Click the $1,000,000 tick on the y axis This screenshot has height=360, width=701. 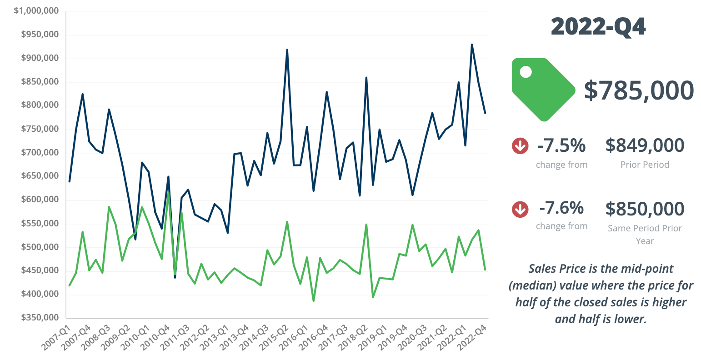point(36,10)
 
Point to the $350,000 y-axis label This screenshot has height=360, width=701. point(40,317)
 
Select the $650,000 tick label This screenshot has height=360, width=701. point(40,176)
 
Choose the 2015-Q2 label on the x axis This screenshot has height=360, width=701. point(275,338)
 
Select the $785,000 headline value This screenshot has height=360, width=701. point(639,90)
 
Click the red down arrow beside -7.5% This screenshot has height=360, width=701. point(520,146)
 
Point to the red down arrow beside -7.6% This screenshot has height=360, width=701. point(520,209)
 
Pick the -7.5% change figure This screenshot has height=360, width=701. point(561,145)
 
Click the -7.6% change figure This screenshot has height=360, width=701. point(561,208)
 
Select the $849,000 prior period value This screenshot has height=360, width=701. point(645,145)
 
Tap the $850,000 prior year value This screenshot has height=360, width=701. point(645,209)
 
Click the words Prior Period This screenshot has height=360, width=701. point(645,165)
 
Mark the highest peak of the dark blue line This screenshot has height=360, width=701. point(472,45)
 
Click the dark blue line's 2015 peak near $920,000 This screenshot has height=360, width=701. point(287,50)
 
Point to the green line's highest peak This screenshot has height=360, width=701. point(168,193)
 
